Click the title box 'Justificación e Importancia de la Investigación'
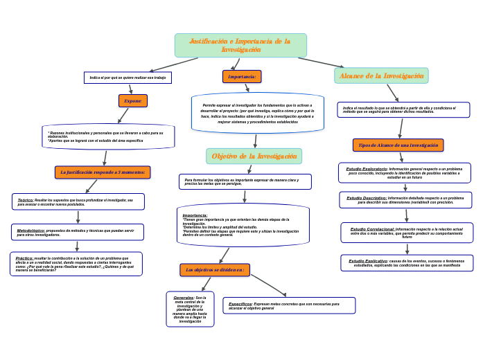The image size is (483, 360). pos(240,46)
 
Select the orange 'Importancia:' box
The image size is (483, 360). pos(242,77)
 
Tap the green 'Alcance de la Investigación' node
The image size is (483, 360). pos(381,75)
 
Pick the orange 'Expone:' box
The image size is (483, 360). pos(133,101)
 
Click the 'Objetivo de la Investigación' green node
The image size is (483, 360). pos(254,156)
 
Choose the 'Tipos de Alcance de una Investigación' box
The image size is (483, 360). pos(398,145)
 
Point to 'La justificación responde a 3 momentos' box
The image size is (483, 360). pos(103,172)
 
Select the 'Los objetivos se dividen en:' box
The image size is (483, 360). pos(215,270)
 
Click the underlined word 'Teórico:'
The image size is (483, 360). pos(26,200)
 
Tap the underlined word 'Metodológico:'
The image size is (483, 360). pos(31,231)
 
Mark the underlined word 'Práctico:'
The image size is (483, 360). pos(24,258)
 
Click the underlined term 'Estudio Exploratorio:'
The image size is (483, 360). pos(367,169)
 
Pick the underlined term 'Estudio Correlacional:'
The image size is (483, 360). pos(372,229)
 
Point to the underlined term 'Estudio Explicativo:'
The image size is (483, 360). pos(368,261)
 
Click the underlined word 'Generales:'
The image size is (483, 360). pos(184,298)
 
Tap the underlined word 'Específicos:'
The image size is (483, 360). pos(240,304)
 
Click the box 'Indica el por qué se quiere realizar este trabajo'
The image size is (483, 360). pos(128,78)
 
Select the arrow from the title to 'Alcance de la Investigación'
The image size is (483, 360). pos(320,62)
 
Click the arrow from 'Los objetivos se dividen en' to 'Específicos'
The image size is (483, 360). pos(268,285)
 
